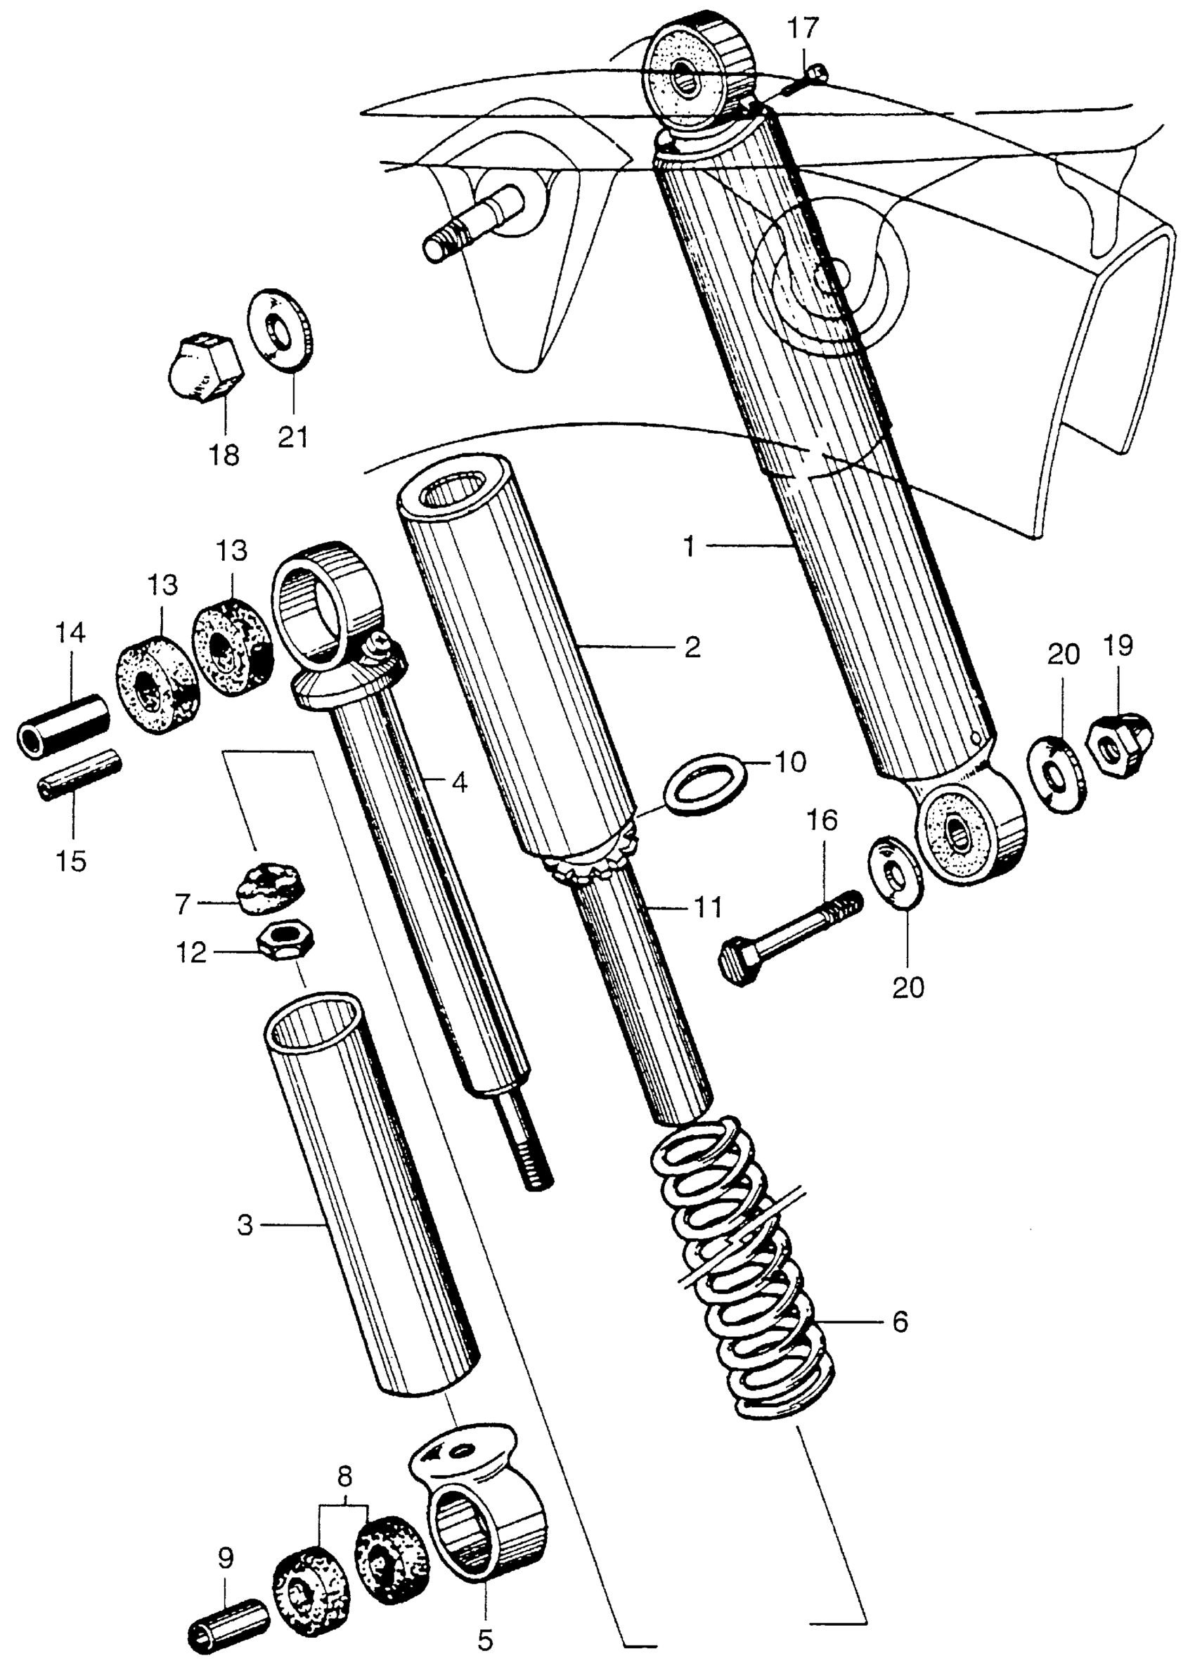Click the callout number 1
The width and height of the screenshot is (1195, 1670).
coord(689,547)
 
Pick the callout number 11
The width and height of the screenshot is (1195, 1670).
coord(708,909)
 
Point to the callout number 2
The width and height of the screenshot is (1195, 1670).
coord(692,647)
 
